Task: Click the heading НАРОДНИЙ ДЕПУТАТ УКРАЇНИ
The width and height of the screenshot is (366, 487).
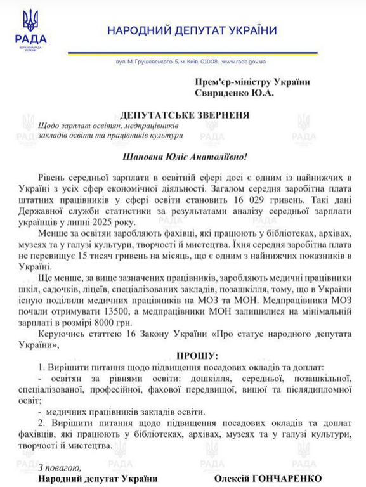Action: click(x=192, y=30)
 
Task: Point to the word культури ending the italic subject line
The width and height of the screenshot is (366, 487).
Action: click(x=167, y=134)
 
